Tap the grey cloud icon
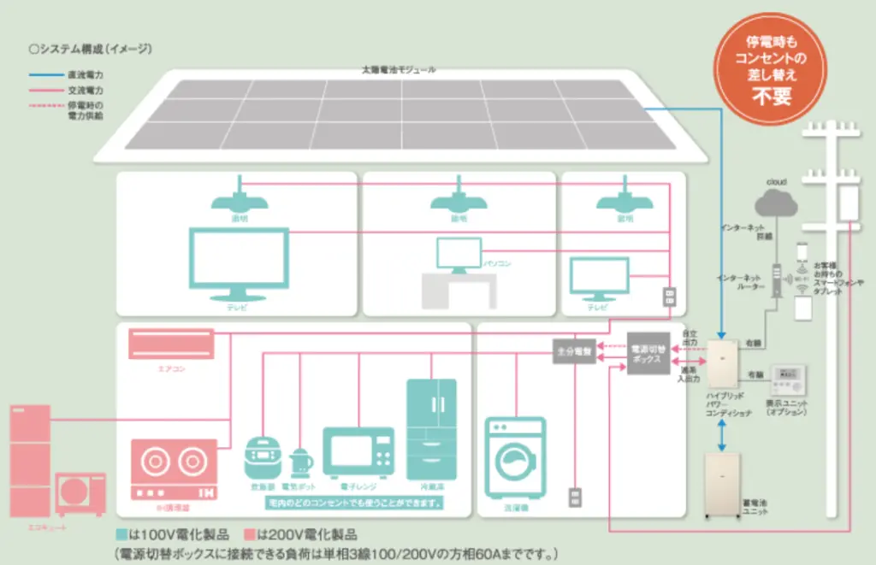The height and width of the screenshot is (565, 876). point(776,203)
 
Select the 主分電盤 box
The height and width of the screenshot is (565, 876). point(573,350)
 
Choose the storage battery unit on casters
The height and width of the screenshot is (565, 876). point(724,484)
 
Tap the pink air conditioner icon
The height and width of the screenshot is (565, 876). point(171,344)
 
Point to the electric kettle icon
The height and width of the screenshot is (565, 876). point(302,462)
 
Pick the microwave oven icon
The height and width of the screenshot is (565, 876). point(358,451)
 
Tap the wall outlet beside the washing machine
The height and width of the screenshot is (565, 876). point(576,497)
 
